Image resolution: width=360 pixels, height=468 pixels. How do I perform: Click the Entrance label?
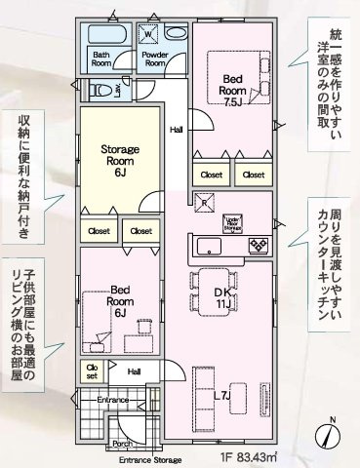click(x=112, y=400)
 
